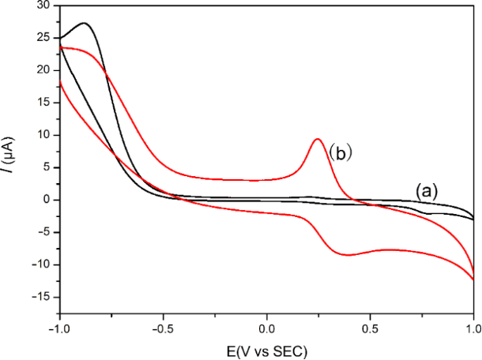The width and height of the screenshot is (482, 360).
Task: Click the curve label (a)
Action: point(426,189)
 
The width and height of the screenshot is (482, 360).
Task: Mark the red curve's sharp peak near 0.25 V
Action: point(318,139)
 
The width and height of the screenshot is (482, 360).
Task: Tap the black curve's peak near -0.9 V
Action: point(84,23)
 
